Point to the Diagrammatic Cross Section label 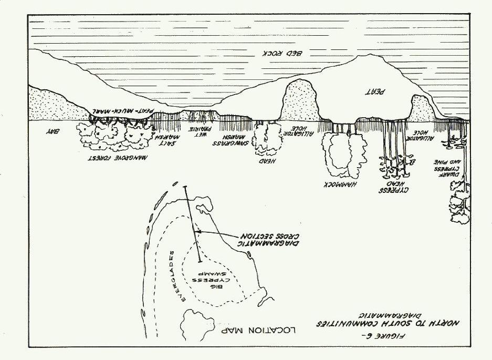265,240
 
